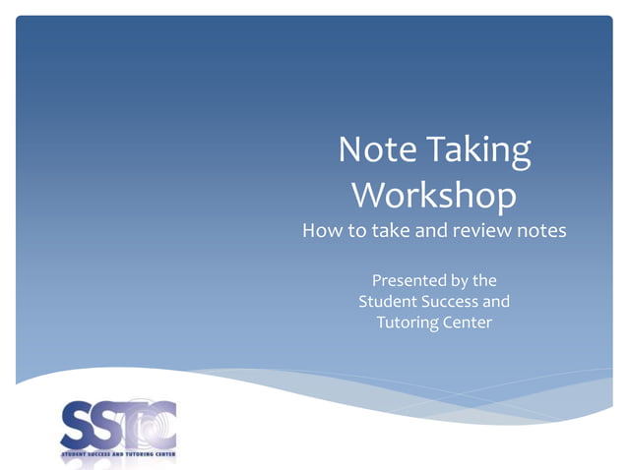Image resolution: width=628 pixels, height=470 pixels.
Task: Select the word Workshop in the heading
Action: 433,195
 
